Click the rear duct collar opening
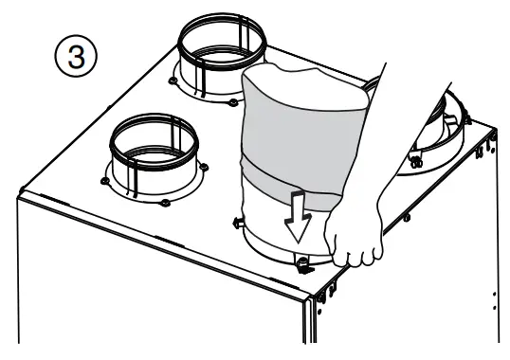(221, 39)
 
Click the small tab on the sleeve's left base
(237, 222)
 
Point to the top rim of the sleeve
(303, 71)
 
